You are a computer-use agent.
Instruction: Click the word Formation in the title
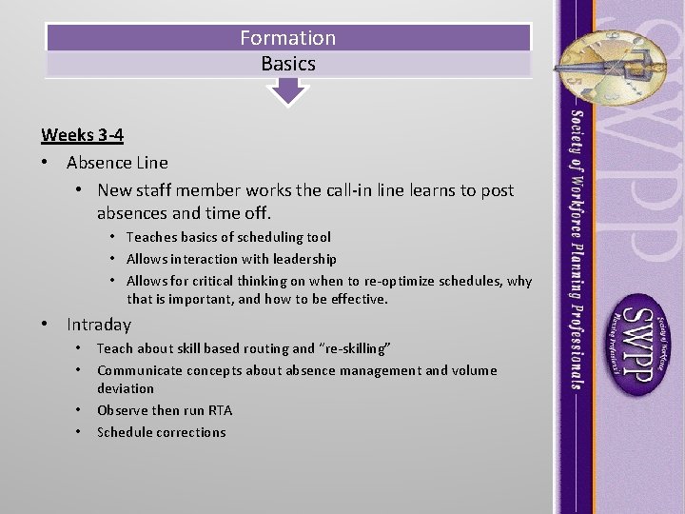287,38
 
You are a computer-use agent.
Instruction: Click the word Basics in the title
287,65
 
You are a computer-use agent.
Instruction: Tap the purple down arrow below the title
287,91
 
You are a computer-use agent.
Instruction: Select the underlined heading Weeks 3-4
82,135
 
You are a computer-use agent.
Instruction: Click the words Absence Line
117,163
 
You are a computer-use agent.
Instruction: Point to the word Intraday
99,325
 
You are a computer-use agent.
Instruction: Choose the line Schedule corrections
161,432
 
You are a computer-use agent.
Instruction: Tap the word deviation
125,388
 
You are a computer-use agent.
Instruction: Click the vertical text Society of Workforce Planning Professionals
577,247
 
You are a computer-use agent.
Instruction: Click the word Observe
124,410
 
